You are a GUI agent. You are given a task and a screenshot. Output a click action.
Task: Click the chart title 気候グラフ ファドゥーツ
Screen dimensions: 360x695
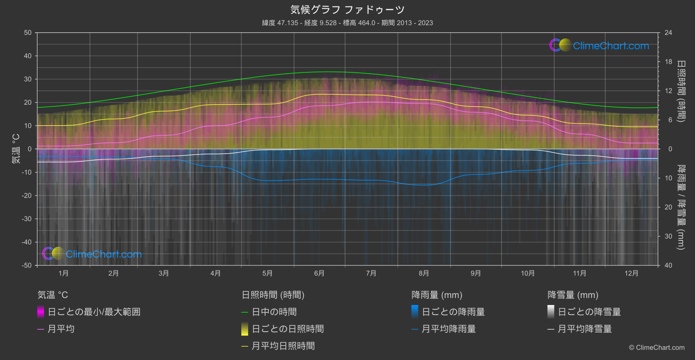click(347, 10)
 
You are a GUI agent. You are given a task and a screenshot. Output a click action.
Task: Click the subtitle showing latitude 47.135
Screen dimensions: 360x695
click(347, 23)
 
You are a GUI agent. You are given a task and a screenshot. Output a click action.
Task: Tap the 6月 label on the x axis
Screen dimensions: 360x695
click(319, 273)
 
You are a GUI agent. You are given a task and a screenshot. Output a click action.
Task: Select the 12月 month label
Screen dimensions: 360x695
click(631, 273)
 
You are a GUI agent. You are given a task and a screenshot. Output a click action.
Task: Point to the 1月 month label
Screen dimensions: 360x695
click(63, 273)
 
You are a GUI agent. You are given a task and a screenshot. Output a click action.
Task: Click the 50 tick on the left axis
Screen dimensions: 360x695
click(28, 33)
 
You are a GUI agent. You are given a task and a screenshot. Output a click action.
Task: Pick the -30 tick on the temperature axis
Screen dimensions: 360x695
click(27, 219)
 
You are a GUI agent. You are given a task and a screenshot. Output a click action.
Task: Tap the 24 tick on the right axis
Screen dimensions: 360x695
click(668, 33)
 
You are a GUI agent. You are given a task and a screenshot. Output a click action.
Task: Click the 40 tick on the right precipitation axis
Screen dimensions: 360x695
click(668, 265)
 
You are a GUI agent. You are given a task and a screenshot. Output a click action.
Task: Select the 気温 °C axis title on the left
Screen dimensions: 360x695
click(16, 149)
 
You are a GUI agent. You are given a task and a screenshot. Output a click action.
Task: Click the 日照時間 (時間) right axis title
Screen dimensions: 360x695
click(681, 91)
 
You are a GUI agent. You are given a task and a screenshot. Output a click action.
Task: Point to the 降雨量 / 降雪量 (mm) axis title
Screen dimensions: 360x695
click(681, 207)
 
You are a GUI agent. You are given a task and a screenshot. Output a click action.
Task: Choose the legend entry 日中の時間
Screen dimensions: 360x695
click(274, 312)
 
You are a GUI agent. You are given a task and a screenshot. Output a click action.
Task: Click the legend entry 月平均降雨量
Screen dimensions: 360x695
click(448, 329)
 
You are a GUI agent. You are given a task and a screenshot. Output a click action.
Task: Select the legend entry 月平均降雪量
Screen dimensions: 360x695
click(585, 329)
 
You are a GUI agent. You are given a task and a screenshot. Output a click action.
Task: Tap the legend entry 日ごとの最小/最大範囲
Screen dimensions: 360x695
click(94, 312)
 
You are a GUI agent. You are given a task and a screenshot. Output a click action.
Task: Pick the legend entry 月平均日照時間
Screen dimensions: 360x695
click(283, 346)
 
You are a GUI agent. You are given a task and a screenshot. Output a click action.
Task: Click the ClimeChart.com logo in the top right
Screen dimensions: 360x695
click(599, 45)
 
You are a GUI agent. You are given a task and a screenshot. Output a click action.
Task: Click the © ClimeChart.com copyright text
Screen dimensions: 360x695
click(657, 347)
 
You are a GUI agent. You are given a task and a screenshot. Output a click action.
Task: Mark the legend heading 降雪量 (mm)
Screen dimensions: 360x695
click(573, 295)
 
